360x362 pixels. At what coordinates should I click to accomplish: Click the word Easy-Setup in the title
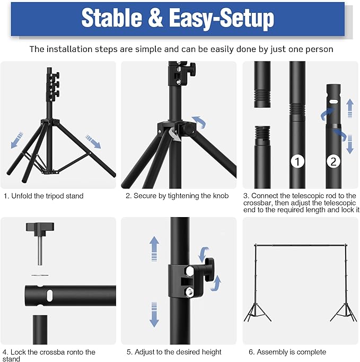coord(222,19)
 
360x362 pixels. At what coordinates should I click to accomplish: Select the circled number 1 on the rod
coord(297,161)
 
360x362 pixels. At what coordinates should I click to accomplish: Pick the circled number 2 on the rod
coord(333,161)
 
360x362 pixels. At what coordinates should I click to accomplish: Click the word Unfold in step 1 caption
coord(23,196)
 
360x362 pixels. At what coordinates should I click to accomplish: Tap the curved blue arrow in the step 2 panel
coord(198,121)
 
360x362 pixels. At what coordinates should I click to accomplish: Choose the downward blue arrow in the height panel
coord(154,314)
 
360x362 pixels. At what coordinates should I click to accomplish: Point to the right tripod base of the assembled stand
coord(344,312)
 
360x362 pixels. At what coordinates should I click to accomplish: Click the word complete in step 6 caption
coord(311,352)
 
